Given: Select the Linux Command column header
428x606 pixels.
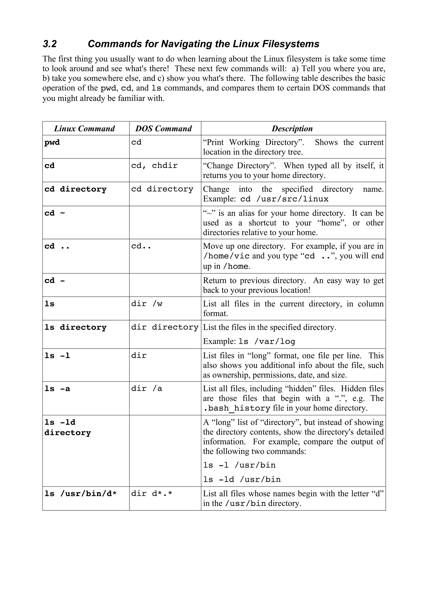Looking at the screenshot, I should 84,129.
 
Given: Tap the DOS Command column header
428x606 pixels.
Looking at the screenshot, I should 163,129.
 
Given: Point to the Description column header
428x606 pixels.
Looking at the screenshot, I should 292,129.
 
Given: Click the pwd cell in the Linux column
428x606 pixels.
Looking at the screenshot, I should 52,143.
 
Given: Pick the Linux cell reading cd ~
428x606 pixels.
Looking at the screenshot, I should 55,213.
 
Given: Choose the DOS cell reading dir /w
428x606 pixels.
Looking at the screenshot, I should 147,304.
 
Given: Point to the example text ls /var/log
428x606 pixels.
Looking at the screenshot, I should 267,341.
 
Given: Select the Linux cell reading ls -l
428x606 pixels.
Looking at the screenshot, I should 57,356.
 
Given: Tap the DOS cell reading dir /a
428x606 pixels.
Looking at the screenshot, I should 147,389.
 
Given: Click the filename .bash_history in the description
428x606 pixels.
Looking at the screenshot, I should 237,408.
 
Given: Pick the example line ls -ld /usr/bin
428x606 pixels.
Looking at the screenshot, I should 242,479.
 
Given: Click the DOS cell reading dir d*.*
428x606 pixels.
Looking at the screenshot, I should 152,493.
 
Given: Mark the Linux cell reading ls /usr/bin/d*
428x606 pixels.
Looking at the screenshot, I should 80,493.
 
